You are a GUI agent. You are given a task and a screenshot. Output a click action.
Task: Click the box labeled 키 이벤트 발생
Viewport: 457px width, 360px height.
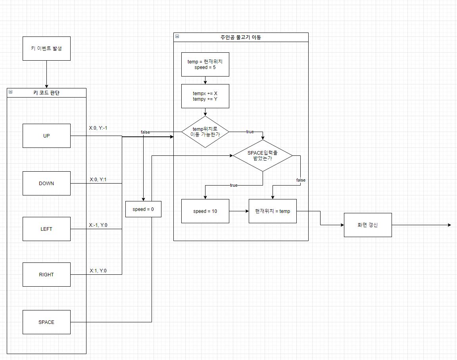(x=46, y=48)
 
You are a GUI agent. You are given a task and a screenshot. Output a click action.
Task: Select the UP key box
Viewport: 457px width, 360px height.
(x=46, y=136)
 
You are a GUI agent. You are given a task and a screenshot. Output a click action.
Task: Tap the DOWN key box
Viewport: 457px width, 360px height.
(x=46, y=183)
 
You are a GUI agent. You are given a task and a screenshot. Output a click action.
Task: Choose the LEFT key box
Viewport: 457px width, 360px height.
(x=46, y=229)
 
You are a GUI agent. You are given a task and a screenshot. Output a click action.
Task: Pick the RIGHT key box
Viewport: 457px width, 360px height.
(x=46, y=274)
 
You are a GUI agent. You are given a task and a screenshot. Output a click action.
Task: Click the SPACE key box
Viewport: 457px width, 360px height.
(x=46, y=322)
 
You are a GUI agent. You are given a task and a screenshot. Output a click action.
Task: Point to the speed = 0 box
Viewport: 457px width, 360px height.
(x=143, y=209)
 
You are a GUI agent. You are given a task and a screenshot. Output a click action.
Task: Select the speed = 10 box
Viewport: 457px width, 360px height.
(x=205, y=211)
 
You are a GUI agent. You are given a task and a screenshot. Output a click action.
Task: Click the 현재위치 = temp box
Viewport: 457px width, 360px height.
(x=273, y=211)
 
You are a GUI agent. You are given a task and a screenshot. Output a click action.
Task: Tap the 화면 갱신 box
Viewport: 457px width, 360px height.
(x=368, y=225)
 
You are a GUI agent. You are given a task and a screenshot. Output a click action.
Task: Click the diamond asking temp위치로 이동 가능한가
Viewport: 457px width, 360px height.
(x=205, y=132)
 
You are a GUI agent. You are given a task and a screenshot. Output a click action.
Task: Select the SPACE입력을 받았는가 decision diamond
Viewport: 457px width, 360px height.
(x=263, y=155)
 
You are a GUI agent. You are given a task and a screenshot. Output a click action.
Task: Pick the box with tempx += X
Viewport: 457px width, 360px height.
(x=205, y=96)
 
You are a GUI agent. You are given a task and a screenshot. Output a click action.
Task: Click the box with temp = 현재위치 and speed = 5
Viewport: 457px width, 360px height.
(x=205, y=64)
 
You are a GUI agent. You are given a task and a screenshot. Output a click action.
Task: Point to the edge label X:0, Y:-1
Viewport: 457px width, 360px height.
(x=98, y=128)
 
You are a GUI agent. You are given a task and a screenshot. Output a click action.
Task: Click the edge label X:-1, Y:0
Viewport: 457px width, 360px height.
(x=98, y=225)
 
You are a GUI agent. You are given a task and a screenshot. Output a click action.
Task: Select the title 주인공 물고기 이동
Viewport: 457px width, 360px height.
(x=241, y=37)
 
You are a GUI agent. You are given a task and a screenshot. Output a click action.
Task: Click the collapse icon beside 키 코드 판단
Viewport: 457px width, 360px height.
(x=10, y=92)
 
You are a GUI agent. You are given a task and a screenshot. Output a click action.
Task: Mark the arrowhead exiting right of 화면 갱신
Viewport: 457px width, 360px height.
(x=449, y=225)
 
